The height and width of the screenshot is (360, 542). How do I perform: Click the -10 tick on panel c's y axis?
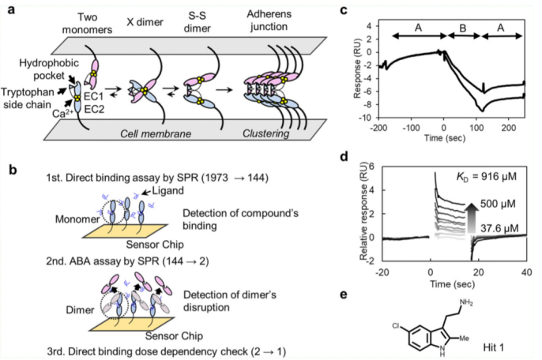pyautogui.click(x=369, y=118)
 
